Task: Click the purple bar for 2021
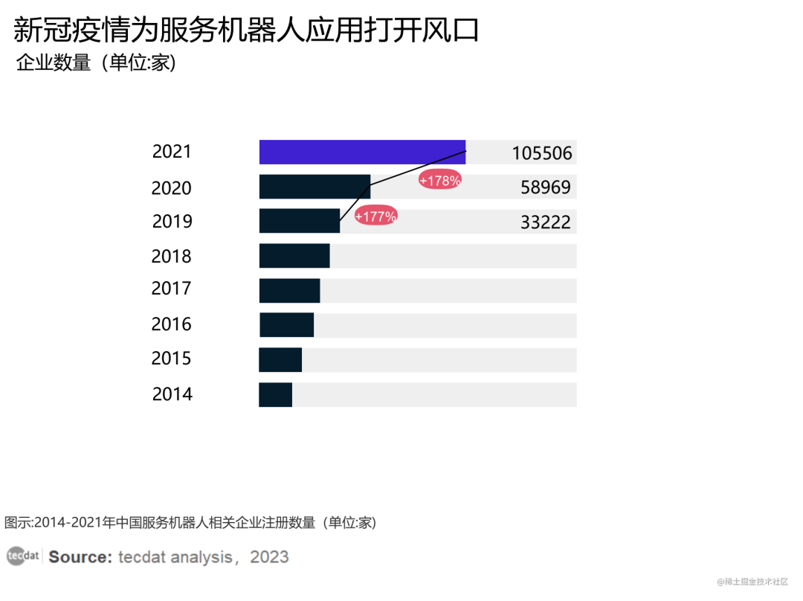click(x=362, y=152)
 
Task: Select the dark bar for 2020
click(x=315, y=187)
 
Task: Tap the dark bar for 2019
click(x=299, y=221)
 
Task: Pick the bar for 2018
click(x=294, y=256)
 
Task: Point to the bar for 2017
click(x=289, y=290)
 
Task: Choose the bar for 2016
click(x=286, y=325)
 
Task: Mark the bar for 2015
click(x=280, y=359)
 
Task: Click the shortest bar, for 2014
click(x=275, y=394)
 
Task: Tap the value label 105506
click(x=542, y=154)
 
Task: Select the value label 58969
click(x=546, y=187)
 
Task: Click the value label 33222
click(x=546, y=222)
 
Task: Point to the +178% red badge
click(x=440, y=180)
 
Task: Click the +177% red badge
click(x=375, y=216)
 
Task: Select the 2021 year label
click(x=172, y=152)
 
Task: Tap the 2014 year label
click(x=172, y=394)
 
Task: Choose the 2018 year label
click(x=171, y=257)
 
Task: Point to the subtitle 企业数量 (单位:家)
click(x=96, y=64)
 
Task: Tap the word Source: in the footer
click(x=80, y=557)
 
